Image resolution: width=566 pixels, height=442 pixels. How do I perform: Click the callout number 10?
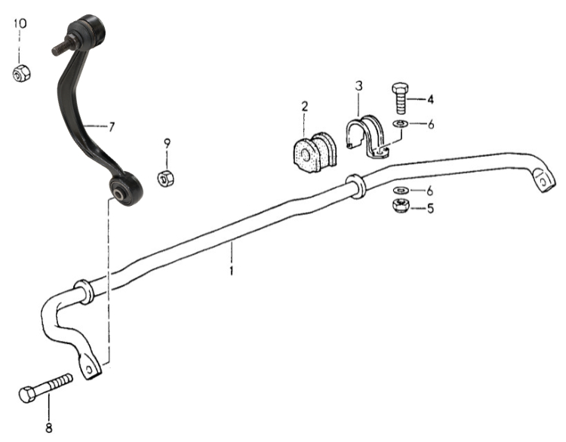20,24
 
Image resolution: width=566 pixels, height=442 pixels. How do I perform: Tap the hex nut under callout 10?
21,73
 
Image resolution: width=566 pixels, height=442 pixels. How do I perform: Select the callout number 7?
112,127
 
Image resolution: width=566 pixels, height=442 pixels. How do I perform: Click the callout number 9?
167,143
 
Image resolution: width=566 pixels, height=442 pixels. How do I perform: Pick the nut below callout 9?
166,178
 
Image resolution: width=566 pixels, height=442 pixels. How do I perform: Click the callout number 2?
305,106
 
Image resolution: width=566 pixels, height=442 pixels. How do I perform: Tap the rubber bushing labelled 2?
314,152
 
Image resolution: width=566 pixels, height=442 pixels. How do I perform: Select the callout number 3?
358,86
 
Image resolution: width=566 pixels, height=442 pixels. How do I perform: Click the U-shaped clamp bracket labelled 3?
367,137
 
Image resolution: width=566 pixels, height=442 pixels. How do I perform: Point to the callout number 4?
430,100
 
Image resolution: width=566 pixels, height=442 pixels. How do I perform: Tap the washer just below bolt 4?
400,124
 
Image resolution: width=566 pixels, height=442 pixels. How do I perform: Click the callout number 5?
430,208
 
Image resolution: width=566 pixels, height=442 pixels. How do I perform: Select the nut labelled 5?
401,206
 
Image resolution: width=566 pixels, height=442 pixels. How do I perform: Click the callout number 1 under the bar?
232,270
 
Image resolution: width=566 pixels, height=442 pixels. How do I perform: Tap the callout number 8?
49,428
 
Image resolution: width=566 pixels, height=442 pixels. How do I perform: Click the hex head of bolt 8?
27,394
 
